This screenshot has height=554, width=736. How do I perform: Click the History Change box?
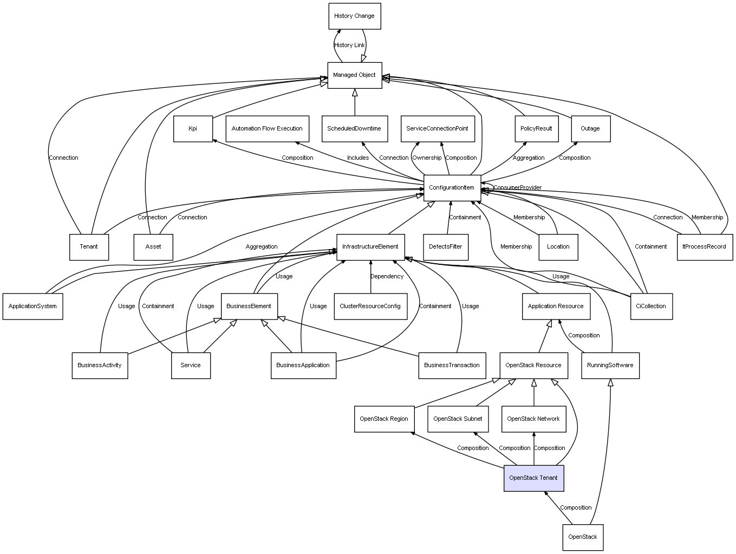click(354, 16)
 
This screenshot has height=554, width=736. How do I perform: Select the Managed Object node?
click(354, 75)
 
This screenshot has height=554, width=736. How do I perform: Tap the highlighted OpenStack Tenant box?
click(533, 478)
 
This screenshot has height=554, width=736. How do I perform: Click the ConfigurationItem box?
click(452, 188)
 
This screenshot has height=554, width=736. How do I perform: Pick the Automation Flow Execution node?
click(267, 129)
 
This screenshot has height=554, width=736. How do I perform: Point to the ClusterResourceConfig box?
click(370, 307)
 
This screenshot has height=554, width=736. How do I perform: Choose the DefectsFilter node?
click(446, 247)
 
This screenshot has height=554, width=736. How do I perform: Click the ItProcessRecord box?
click(705, 247)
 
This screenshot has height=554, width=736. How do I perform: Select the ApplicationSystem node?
click(33, 307)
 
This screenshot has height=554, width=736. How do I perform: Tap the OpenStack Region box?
click(385, 419)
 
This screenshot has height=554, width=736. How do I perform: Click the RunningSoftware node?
click(610, 366)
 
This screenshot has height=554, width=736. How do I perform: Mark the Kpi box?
click(193, 129)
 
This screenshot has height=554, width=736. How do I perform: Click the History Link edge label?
click(349, 45)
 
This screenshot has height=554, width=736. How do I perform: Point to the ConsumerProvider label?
click(517, 188)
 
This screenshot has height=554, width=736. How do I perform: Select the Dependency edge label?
click(387, 277)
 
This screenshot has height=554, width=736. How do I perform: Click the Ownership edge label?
click(427, 158)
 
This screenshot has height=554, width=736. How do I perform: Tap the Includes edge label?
click(358, 158)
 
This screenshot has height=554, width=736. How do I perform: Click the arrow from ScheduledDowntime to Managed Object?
click(355, 102)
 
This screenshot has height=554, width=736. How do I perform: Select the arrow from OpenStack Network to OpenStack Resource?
click(534, 393)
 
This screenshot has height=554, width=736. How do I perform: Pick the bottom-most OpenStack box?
click(583, 537)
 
